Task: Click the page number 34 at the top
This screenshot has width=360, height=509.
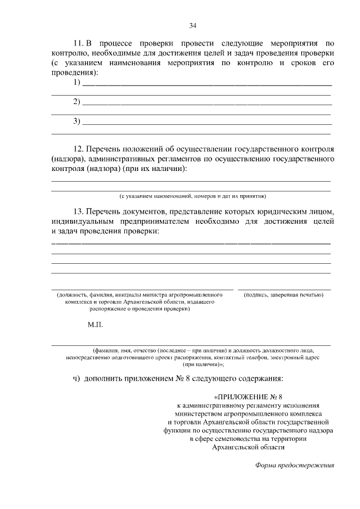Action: (192, 25)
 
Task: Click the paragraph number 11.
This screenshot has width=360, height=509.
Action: (79, 43)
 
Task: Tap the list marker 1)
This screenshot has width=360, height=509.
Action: (77, 83)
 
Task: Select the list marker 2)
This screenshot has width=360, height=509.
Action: (77, 102)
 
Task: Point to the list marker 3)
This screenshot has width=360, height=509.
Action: (77, 121)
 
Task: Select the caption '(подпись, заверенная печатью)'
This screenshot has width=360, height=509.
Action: (283, 294)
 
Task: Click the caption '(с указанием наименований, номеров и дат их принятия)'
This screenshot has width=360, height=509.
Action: (192, 196)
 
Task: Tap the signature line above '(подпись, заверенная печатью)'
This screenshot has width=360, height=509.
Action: (284, 289)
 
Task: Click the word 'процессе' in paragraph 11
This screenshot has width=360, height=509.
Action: (118, 43)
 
